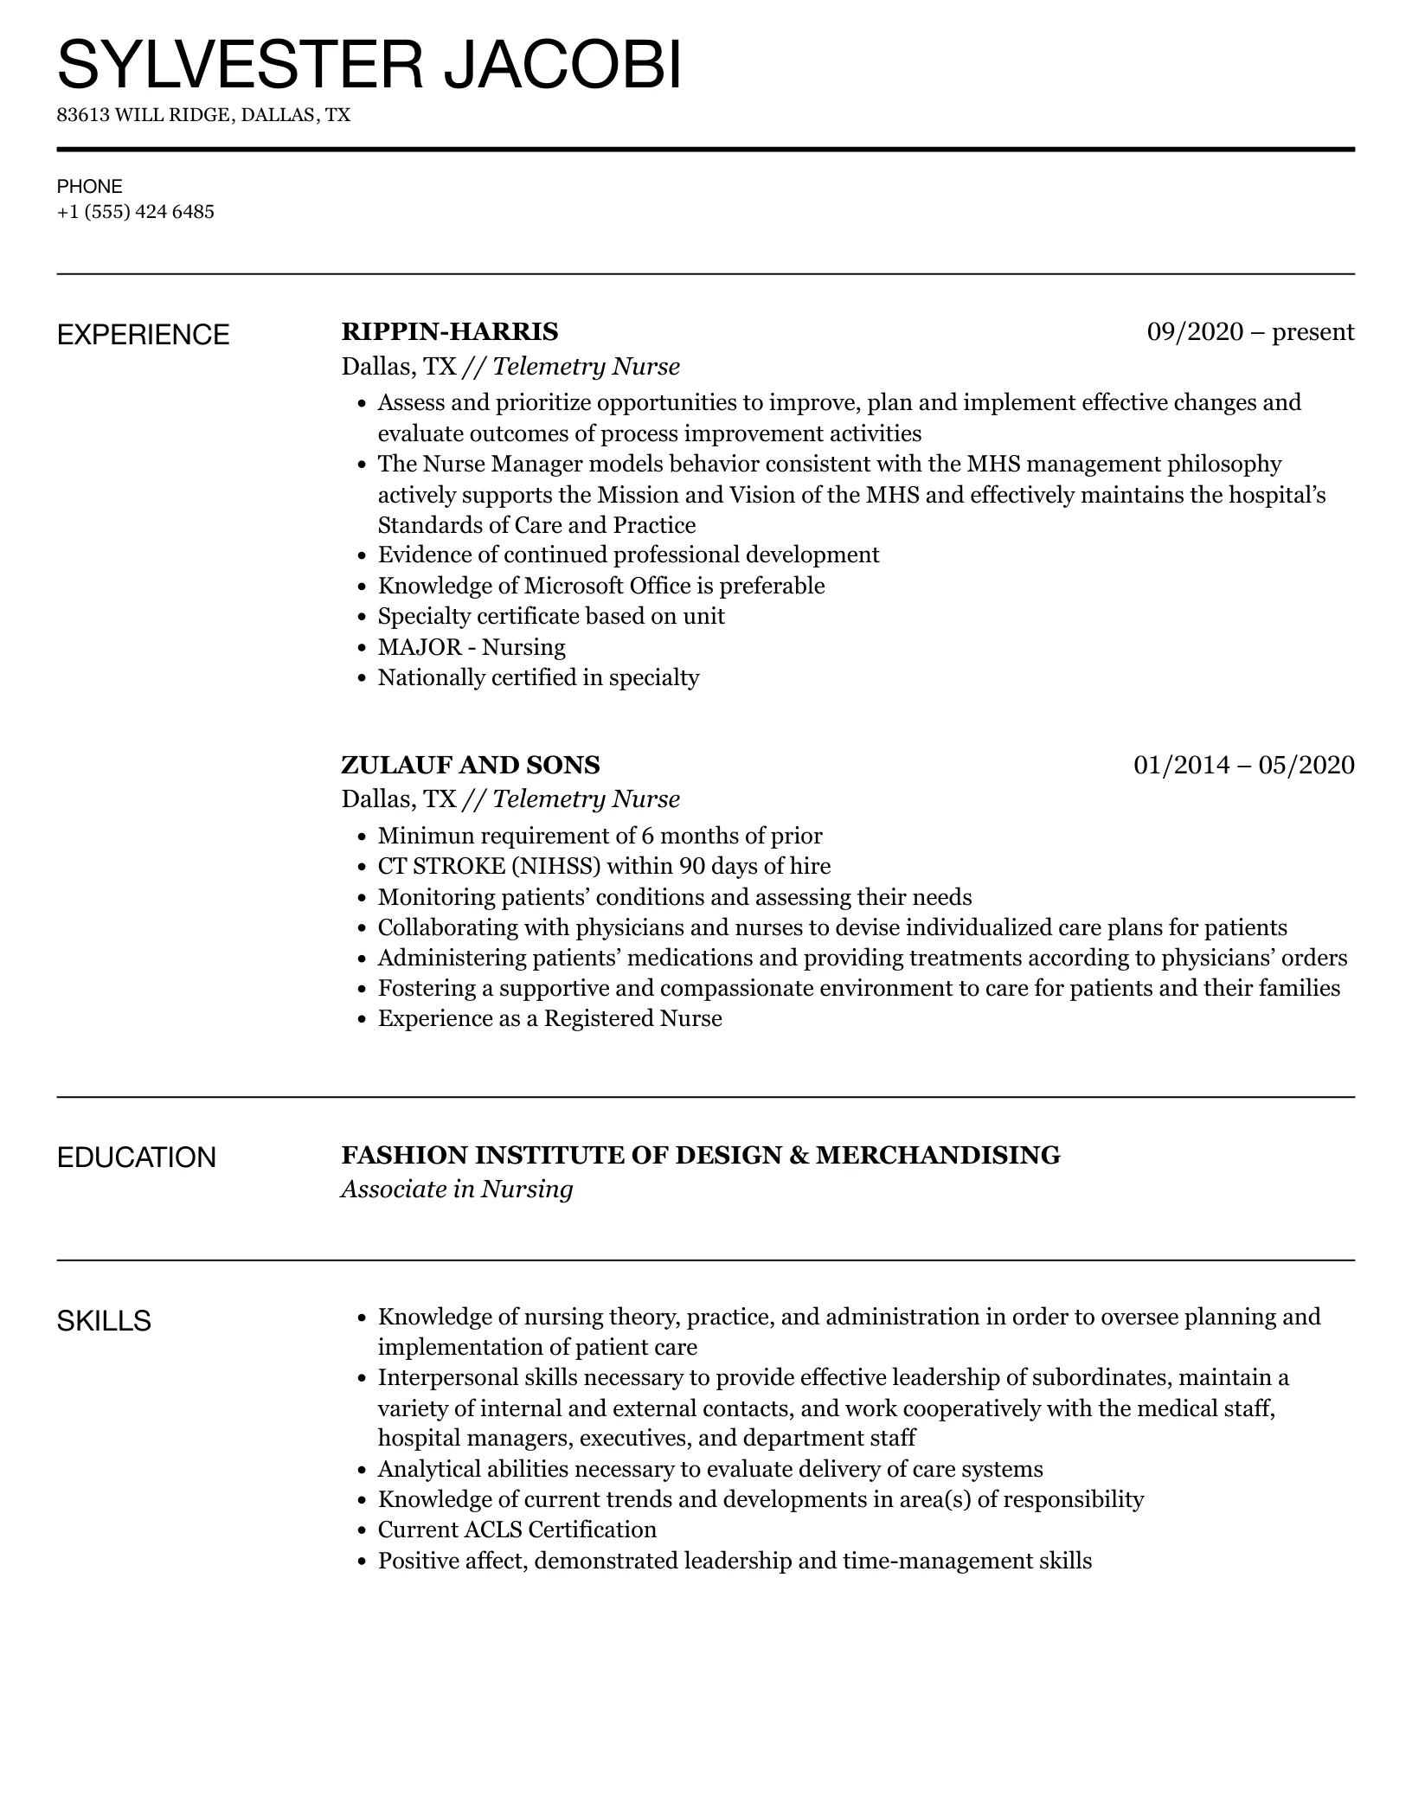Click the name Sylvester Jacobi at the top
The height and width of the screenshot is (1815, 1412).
(x=369, y=65)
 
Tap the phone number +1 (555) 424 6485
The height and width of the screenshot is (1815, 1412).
(x=136, y=212)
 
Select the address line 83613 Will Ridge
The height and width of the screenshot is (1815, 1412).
(x=203, y=115)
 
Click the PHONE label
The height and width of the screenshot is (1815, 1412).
(x=90, y=186)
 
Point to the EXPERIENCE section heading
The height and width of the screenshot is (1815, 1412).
(x=143, y=335)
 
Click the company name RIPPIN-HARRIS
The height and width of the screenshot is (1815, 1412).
(x=450, y=332)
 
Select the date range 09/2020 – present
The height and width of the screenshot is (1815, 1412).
(x=1250, y=332)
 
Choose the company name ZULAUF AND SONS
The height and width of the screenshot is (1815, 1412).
(x=471, y=765)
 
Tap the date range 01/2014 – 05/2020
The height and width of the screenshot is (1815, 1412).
(x=1243, y=765)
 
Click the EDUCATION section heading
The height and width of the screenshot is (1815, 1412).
(x=136, y=1158)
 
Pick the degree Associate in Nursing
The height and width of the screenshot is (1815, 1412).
(x=457, y=1190)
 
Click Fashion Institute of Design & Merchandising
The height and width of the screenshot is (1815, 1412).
(x=701, y=1156)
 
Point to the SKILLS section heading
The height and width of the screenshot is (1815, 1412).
(x=104, y=1321)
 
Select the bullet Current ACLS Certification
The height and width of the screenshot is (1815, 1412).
(x=517, y=1530)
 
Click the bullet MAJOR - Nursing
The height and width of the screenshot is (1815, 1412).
(x=472, y=647)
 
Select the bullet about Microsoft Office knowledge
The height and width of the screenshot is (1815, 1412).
(x=601, y=586)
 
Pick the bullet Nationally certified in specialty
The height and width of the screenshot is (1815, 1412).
(x=538, y=677)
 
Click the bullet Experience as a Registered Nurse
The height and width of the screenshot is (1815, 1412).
(x=549, y=1018)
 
